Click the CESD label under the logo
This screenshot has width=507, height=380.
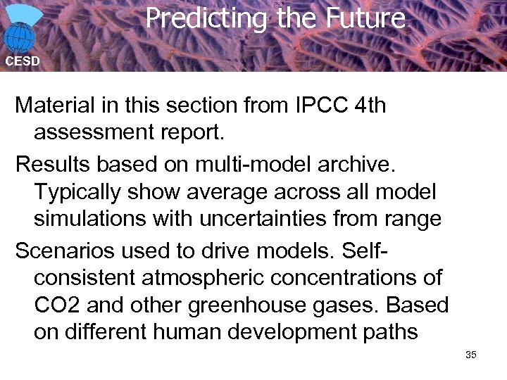(23, 61)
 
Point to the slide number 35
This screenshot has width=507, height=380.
(471, 354)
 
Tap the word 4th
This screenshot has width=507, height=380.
(371, 106)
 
